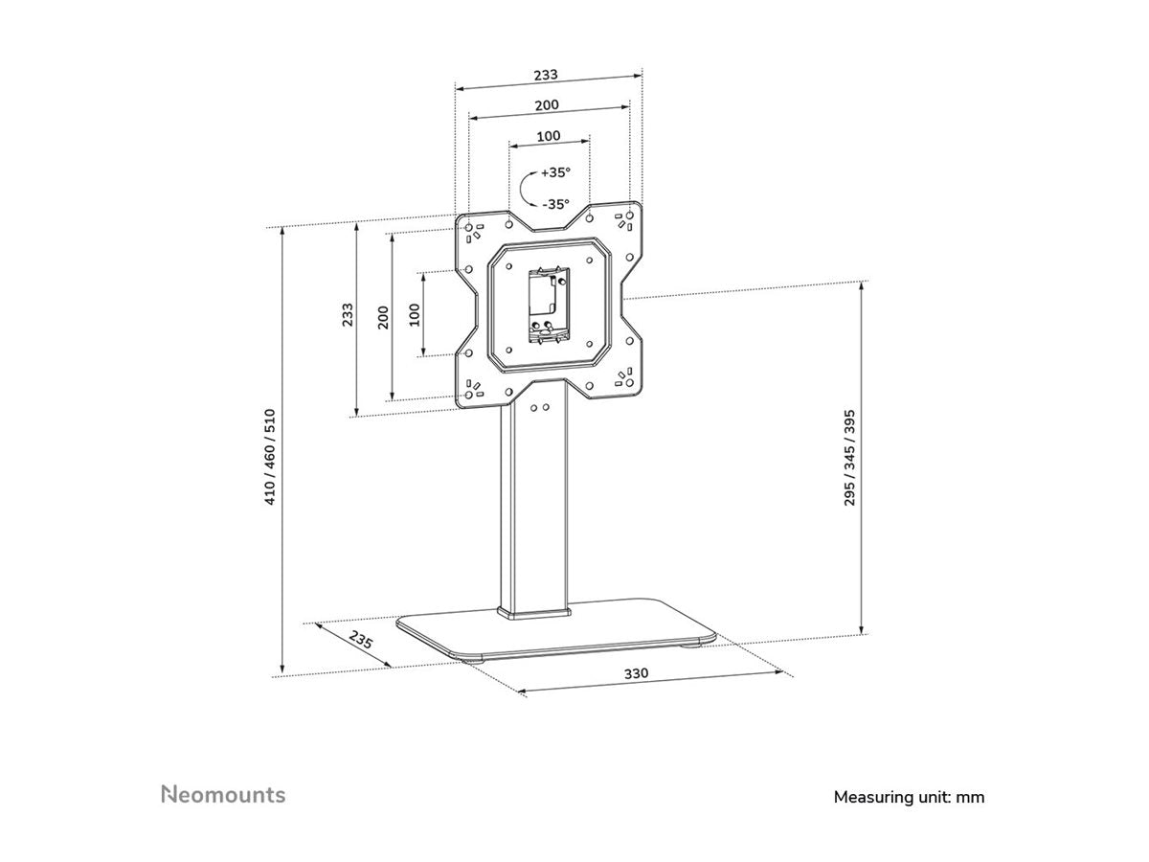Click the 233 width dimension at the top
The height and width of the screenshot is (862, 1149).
click(x=547, y=74)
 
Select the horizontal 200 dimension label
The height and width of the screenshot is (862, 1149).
click(x=547, y=104)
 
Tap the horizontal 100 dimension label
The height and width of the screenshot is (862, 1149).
click(x=548, y=136)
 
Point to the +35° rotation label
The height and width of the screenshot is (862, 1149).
click(x=555, y=173)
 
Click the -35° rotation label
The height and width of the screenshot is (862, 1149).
click(x=555, y=204)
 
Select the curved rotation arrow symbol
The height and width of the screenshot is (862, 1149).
click(x=527, y=188)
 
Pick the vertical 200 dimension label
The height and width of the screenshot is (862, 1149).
click(x=383, y=316)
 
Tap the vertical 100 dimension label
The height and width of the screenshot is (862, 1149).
click(x=415, y=314)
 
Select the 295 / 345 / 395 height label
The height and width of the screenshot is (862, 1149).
click(x=849, y=457)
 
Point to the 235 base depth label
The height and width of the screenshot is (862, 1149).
click(x=361, y=641)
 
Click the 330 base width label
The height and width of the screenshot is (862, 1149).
click(x=637, y=673)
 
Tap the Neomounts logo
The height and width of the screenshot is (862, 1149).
click(x=222, y=794)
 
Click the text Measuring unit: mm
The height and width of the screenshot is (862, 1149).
click(x=909, y=796)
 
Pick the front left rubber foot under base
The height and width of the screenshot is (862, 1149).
click(x=474, y=659)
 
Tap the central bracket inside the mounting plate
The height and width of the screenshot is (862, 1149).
click(x=548, y=305)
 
